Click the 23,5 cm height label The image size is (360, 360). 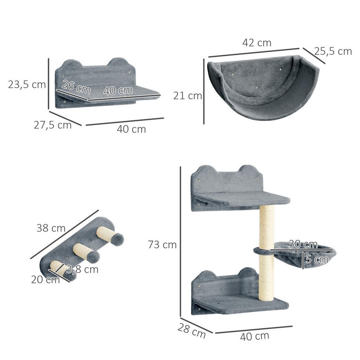(27, 85)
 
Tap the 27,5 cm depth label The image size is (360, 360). (52, 125)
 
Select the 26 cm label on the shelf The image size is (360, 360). (76, 87)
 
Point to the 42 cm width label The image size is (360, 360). (257, 43)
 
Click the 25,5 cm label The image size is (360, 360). (333, 51)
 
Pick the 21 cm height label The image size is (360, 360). (188, 96)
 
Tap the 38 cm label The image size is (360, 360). (51, 228)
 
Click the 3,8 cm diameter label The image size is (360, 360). (82, 269)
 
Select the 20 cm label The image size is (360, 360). (45, 279)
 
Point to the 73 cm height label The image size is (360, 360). (162, 245)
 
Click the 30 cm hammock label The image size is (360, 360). (303, 244)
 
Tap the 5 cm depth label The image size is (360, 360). (317, 259)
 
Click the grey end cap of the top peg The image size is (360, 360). (117, 239)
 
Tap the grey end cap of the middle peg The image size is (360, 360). (93, 257)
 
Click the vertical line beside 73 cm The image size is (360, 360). (180, 241)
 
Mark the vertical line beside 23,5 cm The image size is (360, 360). (49, 84)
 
